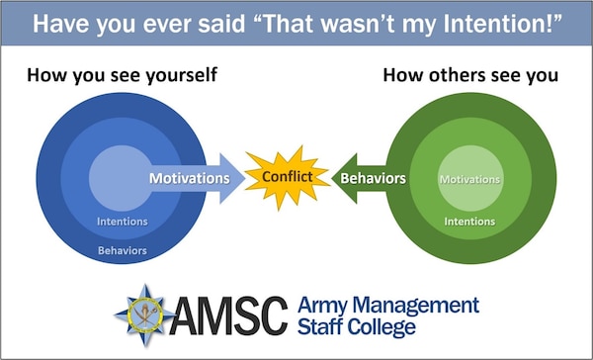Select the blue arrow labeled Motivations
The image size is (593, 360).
[x=193, y=179]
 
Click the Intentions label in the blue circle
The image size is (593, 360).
[x=124, y=223]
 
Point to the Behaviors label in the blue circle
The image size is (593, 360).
[x=124, y=250]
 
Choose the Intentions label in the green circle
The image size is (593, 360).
[x=468, y=222]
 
